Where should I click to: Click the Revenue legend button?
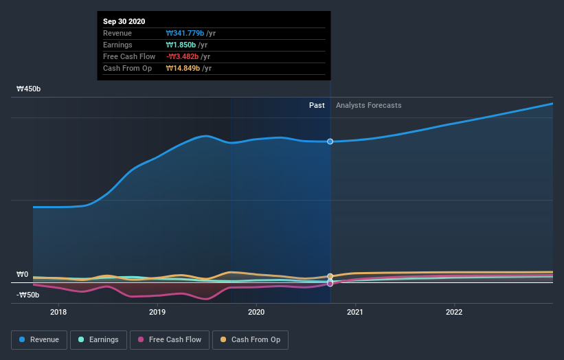[x=39, y=339]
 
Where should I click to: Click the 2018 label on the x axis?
[x=58, y=311]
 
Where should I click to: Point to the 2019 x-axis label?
[x=157, y=311]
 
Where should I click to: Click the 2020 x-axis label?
[x=256, y=311]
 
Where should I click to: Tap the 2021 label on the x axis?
[x=355, y=311]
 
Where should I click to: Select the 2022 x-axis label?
[x=454, y=311]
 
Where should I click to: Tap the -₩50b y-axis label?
[x=28, y=295]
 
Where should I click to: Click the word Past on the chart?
[x=317, y=105]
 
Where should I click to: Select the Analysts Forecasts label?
[x=368, y=105]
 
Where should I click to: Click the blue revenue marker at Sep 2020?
[x=330, y=142]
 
